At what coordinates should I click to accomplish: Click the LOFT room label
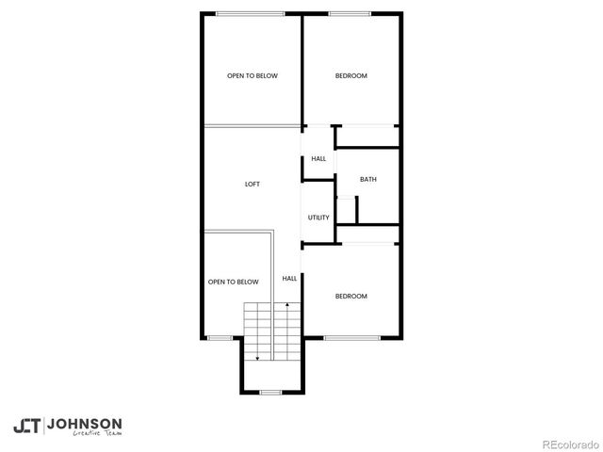252,185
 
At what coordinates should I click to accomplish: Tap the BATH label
367,179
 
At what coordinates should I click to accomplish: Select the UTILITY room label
318,218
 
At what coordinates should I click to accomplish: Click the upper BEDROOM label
350,76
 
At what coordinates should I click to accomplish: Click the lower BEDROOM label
350,297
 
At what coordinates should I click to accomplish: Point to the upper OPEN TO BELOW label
252,76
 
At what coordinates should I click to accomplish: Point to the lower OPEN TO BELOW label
233,282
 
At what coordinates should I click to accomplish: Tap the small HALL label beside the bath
318,158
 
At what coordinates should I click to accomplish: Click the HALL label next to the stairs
289,278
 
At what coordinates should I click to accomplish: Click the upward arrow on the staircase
286,306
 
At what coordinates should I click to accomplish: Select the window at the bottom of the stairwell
271,392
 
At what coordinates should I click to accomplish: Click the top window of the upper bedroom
350,13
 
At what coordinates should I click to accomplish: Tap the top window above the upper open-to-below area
251,13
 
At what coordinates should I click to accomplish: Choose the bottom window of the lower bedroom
351,338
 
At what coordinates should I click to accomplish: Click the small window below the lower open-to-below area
219,338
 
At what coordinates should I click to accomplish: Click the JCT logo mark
26,426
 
